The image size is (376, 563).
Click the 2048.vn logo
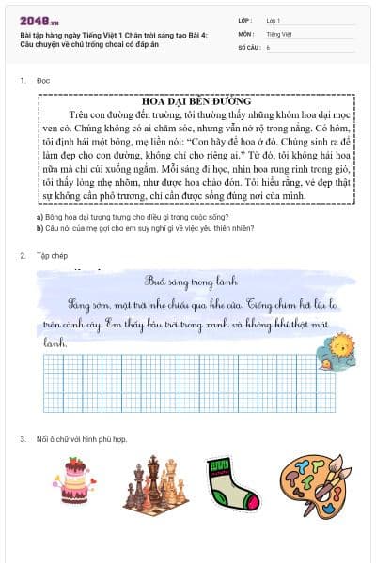coord(35,20)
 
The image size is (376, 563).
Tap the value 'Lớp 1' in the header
coord(274,20)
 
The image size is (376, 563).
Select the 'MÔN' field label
coord(245,33)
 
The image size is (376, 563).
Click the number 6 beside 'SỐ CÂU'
coord(269,46)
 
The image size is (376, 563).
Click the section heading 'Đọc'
coord(43,81)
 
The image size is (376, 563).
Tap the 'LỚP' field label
coord(245,20)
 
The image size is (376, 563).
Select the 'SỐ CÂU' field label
coord(249,46)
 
